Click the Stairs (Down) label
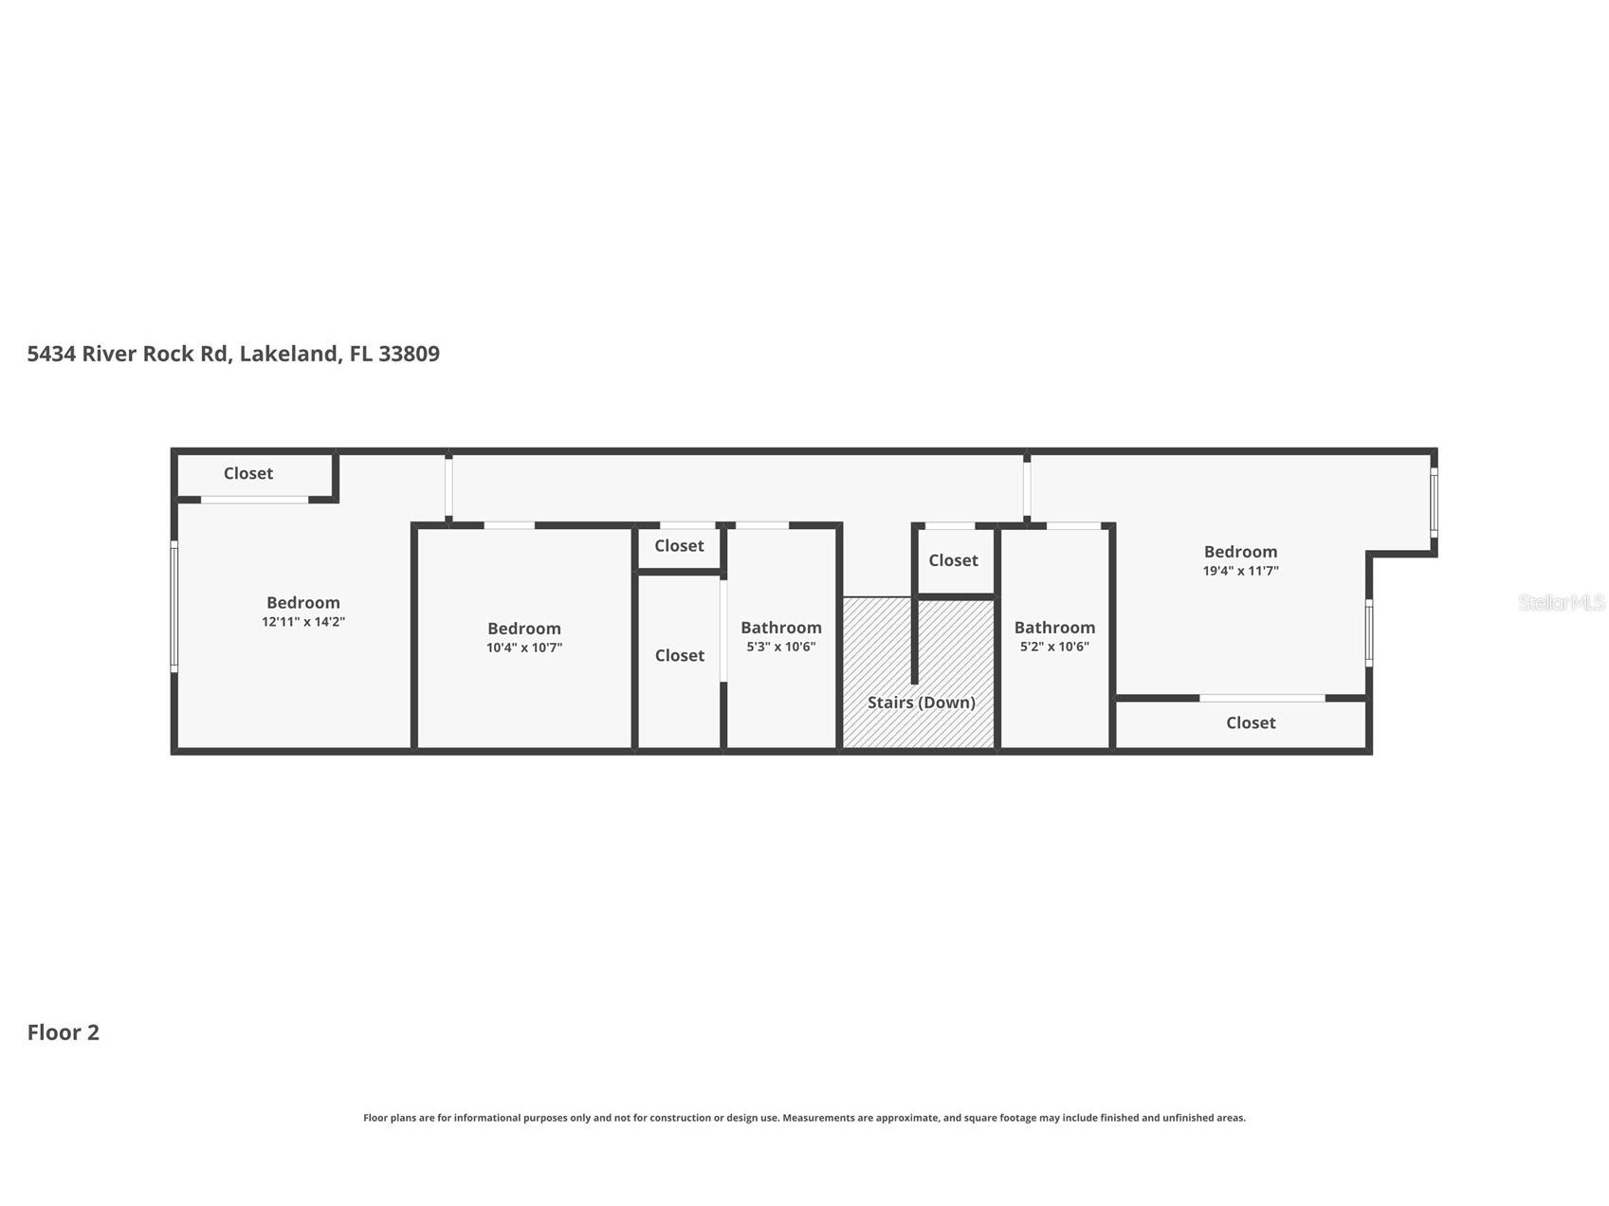921,703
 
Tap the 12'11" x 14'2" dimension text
303,622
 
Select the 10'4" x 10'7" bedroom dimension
524,648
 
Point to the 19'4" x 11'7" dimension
1240,571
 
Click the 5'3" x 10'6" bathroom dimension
781,647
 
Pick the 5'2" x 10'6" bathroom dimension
1054,647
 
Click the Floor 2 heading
64,1032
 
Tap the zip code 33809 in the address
409,354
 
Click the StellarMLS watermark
1561,602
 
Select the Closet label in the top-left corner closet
248,473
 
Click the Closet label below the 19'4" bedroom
1251,722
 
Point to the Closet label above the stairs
953,560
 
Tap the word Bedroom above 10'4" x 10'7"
524,629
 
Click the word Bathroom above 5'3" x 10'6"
781,628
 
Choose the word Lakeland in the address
288,354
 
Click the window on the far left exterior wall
174,607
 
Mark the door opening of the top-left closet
254,500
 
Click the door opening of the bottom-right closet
1262,699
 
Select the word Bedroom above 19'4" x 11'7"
1240,552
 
